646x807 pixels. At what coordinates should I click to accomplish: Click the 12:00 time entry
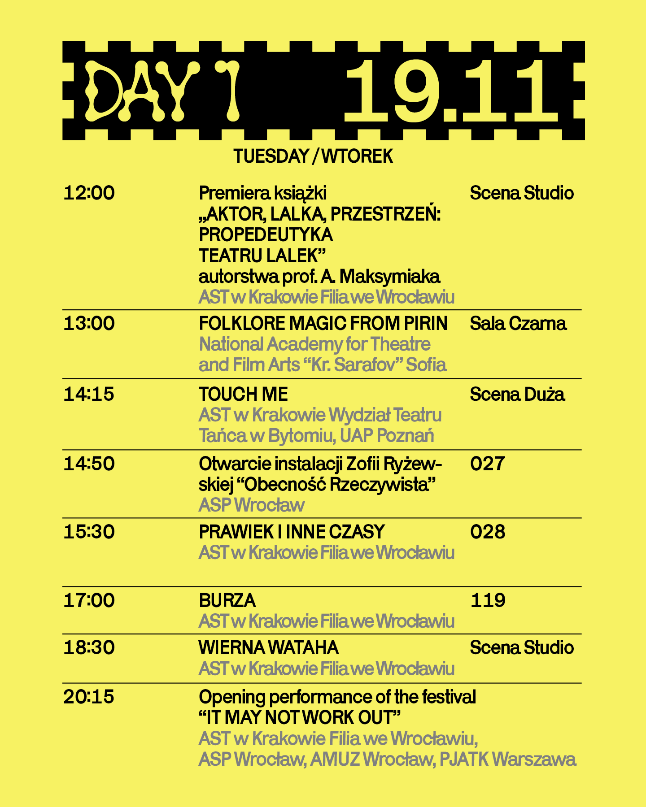[89, 193]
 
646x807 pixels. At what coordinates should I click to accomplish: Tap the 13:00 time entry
[89, 323]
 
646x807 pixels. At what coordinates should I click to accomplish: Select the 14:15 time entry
[89, 394]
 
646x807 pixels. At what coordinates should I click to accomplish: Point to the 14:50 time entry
[89, 463]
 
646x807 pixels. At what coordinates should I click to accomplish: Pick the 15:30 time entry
[89, 532]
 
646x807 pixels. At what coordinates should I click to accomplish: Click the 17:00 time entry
[89, 600]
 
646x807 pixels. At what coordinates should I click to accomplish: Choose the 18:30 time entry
[89, 647]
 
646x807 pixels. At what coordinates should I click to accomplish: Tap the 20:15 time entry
[89, 697]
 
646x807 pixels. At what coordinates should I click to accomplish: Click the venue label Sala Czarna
[518, 323]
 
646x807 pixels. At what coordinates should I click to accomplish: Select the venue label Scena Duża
[517, 394]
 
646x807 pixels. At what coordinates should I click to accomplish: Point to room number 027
[488, 463]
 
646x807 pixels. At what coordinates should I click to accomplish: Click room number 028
[488, 532]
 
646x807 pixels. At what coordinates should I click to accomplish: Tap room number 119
[488, 600]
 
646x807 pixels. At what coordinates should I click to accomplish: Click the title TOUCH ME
[243, 394]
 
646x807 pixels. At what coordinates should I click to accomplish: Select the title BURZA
[227, 600]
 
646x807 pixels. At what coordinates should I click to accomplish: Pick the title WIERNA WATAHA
[268, 647]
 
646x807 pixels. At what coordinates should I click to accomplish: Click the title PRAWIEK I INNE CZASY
[292, 532]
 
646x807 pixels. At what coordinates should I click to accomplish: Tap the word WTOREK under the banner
[357, 156]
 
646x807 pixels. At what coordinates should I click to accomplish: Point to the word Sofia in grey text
[426, 364]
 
